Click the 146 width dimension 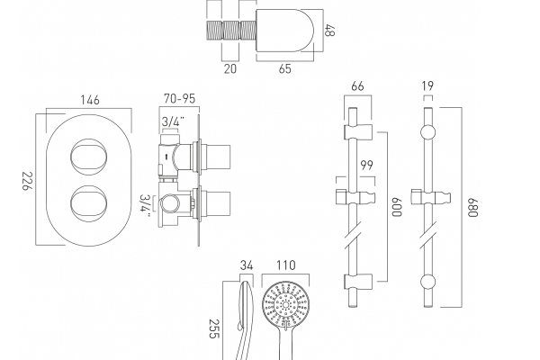coord(90,100)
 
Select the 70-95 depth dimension coord(179,98)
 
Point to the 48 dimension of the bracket coord(329,30)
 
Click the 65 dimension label coord(284,68)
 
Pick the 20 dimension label coord(230,68)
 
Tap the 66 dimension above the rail coord(357,86)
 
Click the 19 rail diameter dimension coord(427,85)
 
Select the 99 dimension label coord(367,165)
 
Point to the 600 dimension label coord(397,207)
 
